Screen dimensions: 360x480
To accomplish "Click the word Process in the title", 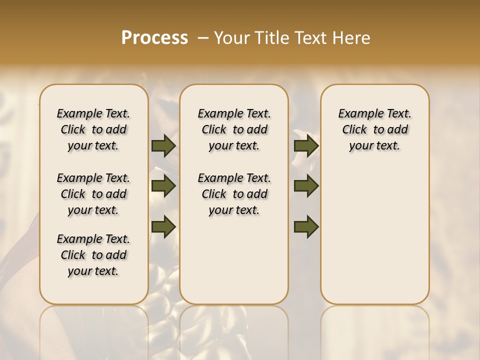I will (154, 38).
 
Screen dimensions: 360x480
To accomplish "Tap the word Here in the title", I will (352, 38).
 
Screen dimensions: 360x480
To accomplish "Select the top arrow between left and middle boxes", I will (163, 146).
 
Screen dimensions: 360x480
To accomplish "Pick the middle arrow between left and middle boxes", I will (163, 186).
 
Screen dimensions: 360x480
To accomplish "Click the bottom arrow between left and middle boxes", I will (163, 226).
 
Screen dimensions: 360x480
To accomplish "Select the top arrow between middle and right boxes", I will (306, 146).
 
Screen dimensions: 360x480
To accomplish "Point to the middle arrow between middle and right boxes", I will (306, 186).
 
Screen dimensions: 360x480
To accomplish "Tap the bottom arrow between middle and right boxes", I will (306, 226).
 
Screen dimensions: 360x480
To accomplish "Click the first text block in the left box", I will (93, 129).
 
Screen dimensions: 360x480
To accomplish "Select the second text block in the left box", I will (93, 194).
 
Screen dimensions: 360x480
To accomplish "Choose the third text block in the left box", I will (93, 255).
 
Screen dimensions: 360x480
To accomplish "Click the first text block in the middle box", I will (234, 129).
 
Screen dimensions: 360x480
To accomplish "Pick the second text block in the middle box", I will (234, 194).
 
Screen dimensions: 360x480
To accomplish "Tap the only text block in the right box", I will (375, 129).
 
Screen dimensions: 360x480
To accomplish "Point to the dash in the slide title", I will (202, 38).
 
